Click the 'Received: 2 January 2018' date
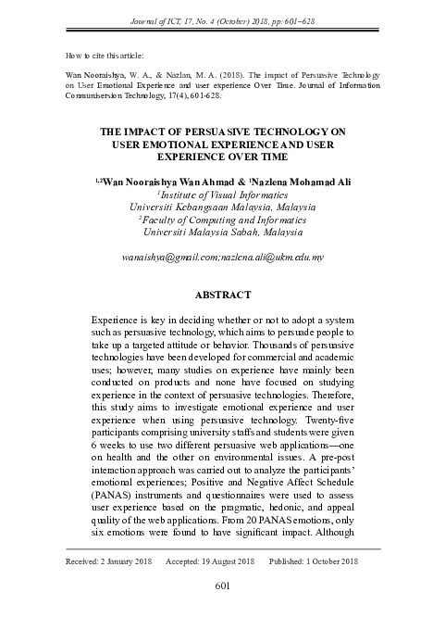[x=109, y=562]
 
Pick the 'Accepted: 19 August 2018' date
[x=210, y=562]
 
